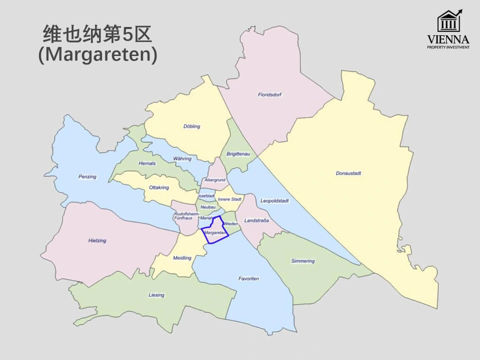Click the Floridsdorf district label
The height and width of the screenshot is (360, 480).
pos(270,94)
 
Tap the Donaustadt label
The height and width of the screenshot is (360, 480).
pos(348,173)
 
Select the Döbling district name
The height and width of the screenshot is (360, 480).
pos(191,126)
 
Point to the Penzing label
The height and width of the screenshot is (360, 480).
pos(87,176)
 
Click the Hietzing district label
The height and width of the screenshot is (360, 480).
pos(97,240)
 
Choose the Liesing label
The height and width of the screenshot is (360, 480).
pos(156,295)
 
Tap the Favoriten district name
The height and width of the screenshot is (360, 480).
pos(248,278)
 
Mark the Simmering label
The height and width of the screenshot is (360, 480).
pos(303,261)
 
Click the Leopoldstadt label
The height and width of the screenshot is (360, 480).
pos(274,201)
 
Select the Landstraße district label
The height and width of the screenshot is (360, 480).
pos(256,220)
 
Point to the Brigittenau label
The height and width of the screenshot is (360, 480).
pos(238,154)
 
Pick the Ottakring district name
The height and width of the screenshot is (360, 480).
pos(159,187)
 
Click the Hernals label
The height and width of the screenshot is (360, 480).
pos(147,163)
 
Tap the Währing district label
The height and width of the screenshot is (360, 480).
pos(182,158)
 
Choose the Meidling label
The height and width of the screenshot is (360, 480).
pos(182,258)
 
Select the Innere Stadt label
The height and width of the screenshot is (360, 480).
pos(230,199)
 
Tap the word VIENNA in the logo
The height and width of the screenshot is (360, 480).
pos(448,39)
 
